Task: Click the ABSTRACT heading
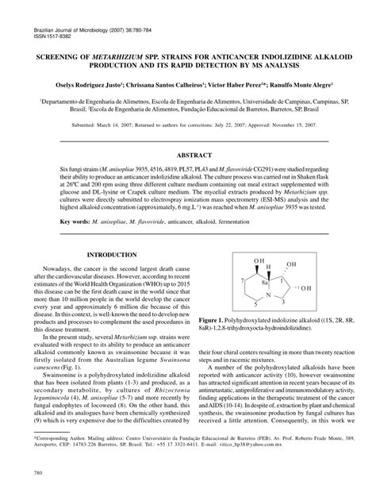[187, 157]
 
